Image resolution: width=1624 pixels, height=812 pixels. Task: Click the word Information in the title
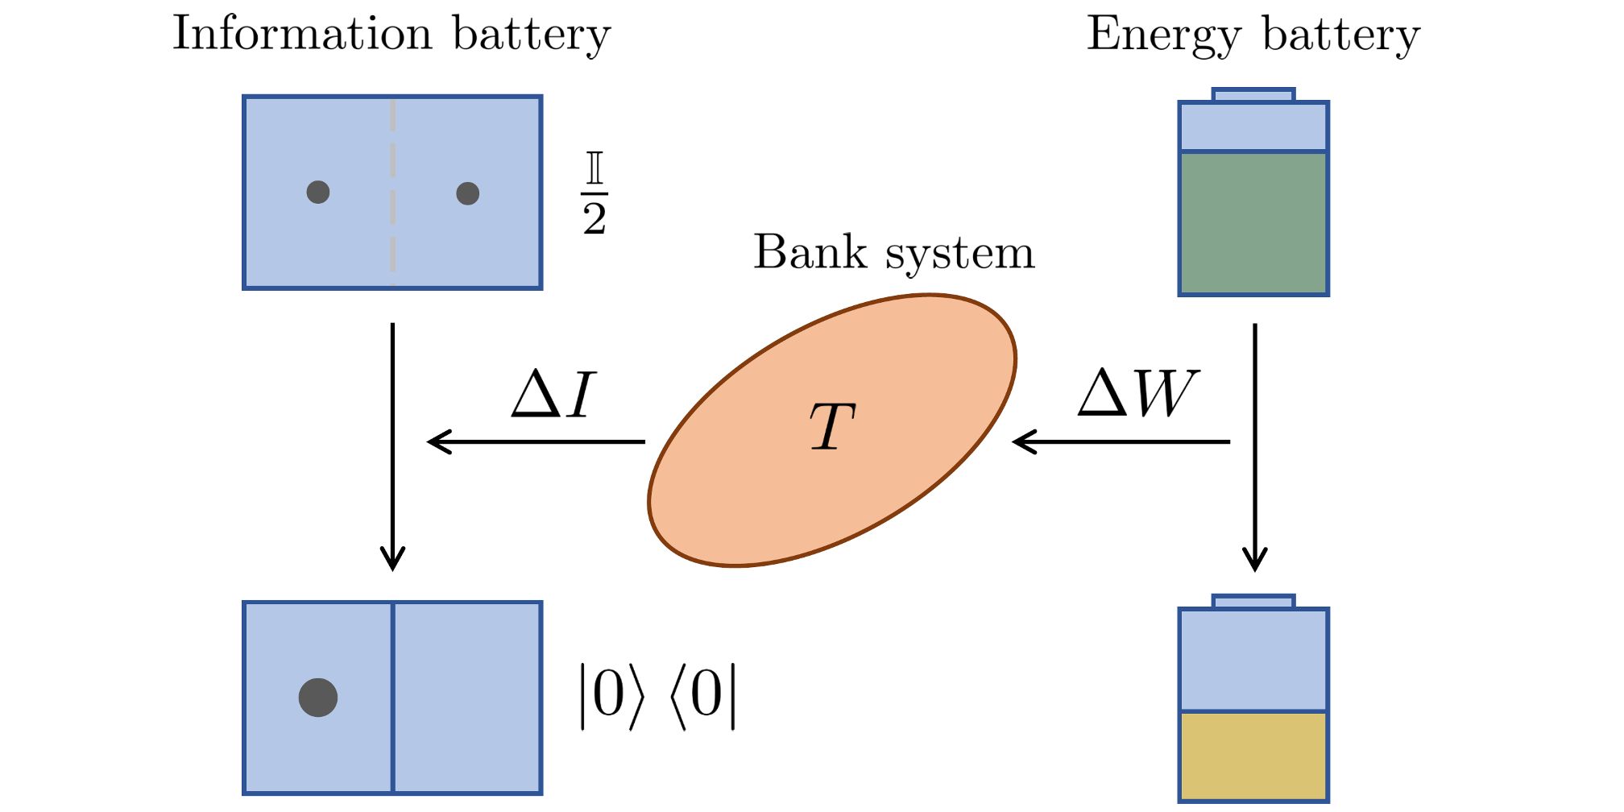click(x=302, y=34)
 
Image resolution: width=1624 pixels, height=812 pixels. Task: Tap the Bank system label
click(x=893, y=253)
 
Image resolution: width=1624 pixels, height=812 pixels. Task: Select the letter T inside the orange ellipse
click(x=831, y=427)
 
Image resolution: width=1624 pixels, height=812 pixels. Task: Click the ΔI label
click(x=553, y=395)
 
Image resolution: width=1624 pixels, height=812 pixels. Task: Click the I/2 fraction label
click(x=594, y=193)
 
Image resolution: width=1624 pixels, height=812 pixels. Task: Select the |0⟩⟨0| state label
click(x=657, y=696)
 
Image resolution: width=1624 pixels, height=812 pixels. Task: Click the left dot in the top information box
click(x=318, y=192)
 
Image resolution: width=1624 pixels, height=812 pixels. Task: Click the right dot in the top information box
click(x=468, y=193)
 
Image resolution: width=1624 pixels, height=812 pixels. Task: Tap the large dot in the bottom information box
click(x=318, y=698)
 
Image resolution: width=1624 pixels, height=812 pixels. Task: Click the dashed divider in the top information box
click(x=392, y=193)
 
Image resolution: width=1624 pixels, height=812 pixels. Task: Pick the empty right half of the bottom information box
click(x=467, y=698)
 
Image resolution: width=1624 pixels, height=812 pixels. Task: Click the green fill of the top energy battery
click(x=1253, y=223)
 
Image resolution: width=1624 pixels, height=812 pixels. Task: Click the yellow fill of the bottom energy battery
click(x=1253, y=756)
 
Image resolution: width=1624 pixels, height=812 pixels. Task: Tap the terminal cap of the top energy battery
click(x=1253, y=95)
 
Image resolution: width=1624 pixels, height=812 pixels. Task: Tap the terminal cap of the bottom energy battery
click(x=1253, y=602)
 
